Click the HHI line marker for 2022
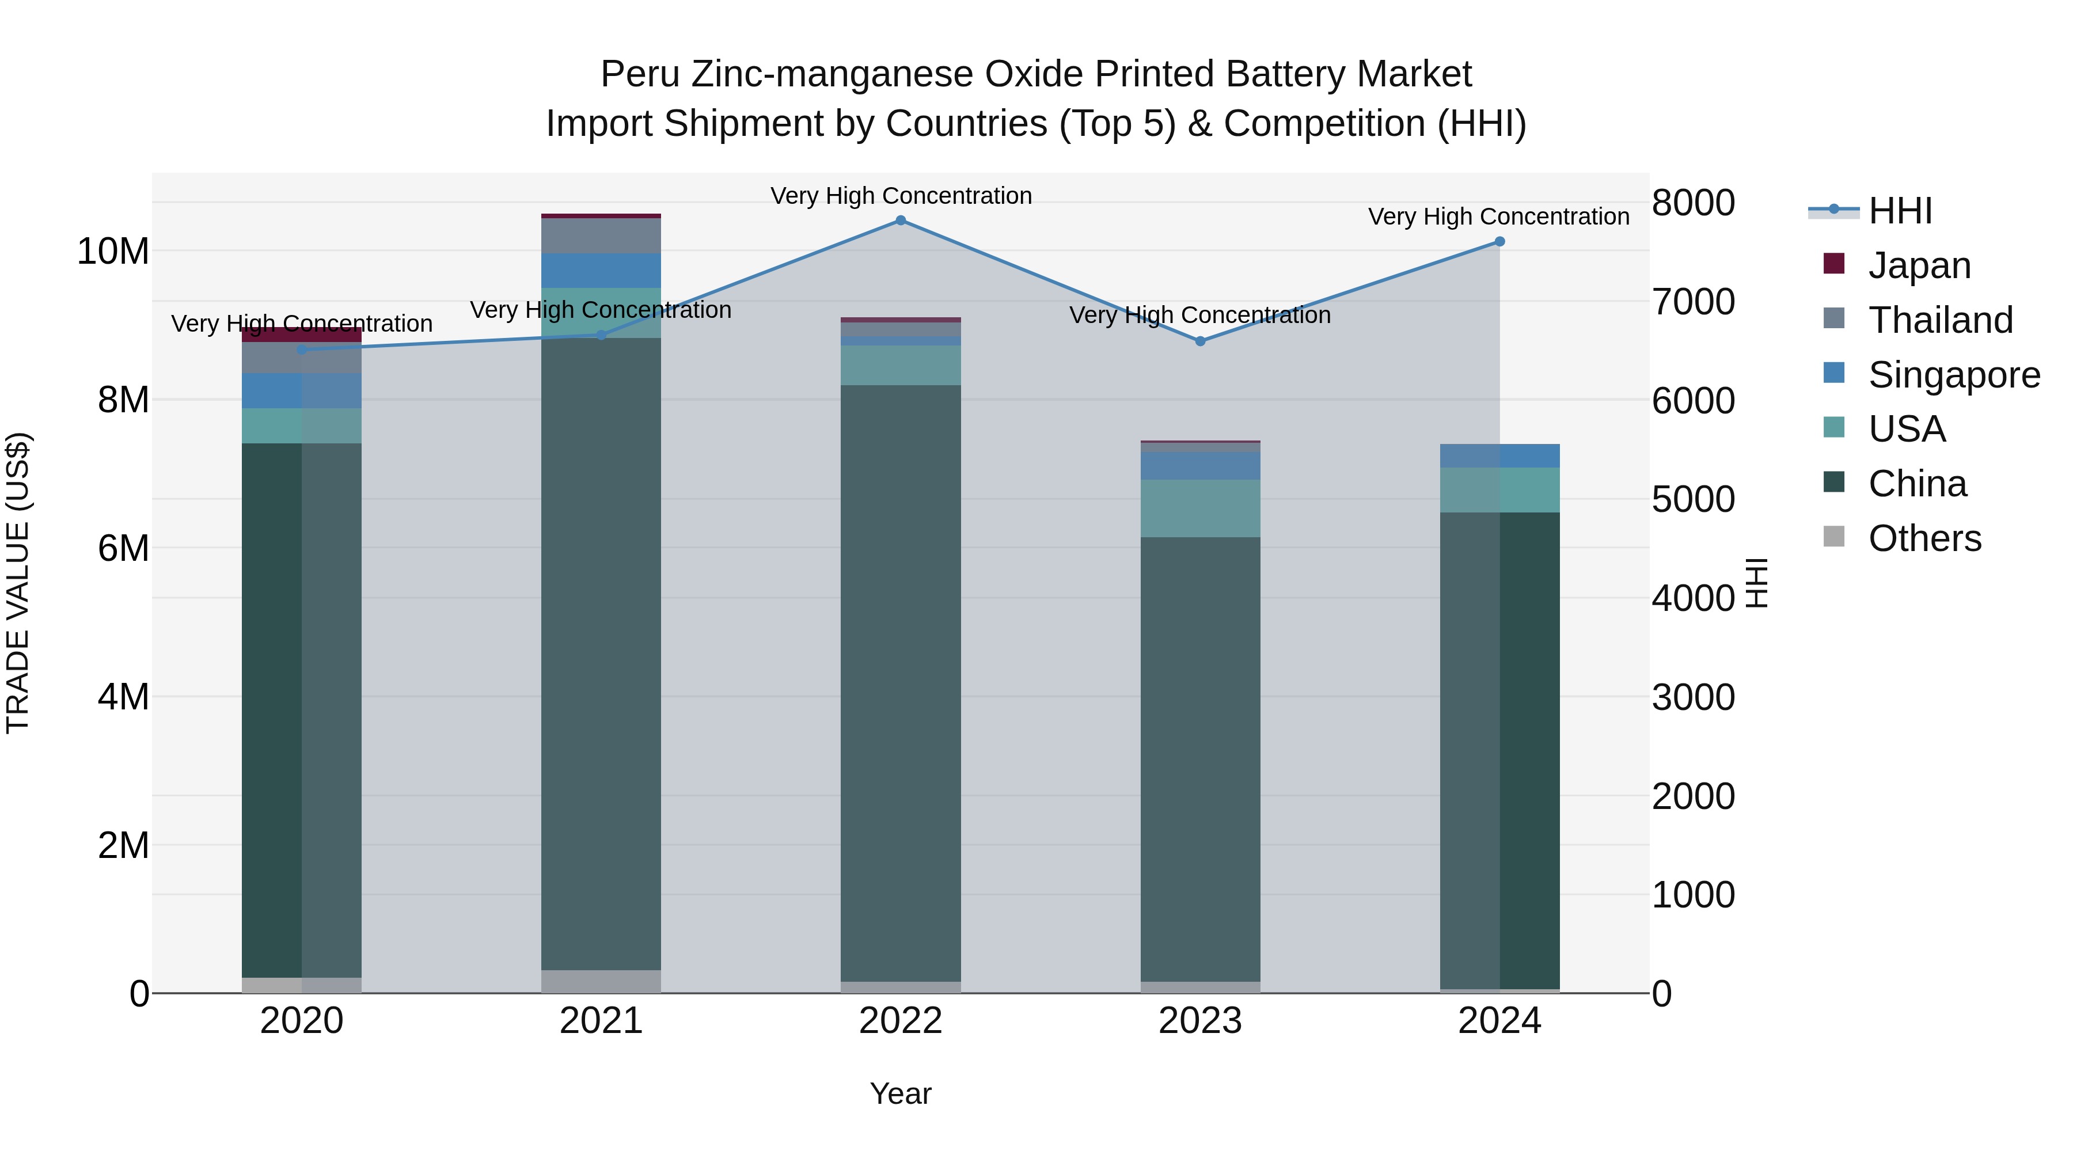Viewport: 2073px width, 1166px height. click(x=901, y=221)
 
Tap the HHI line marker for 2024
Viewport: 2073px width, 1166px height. click(x=1499, y=241)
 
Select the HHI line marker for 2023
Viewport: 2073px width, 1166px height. click(x=1200, y=341)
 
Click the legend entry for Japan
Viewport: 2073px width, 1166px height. click(x=1919, y=265)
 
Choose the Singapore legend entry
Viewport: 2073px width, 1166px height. click(x=1953, y=375)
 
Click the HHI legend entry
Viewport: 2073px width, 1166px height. click(x=1899, y=211)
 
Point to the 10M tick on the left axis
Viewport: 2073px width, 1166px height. click(x=113, y=252)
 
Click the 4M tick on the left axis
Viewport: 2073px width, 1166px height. click(x=123, y=697)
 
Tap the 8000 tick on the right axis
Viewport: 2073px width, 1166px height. click(x=1693, y=203)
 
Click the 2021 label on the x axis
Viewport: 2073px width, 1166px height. click(x=601, y=1021)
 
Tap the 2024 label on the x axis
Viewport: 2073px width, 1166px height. click(x=1499, y=1021)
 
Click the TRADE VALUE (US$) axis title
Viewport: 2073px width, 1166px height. click(x=18, y=583)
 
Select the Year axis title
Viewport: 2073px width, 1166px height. click(x=901, y=1093)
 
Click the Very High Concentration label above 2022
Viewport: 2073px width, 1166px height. click(x=901, y=196)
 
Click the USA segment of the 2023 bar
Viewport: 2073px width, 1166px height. click(x=1200, y=508)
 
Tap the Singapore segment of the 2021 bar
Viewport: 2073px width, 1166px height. click(x=601, y=271)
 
